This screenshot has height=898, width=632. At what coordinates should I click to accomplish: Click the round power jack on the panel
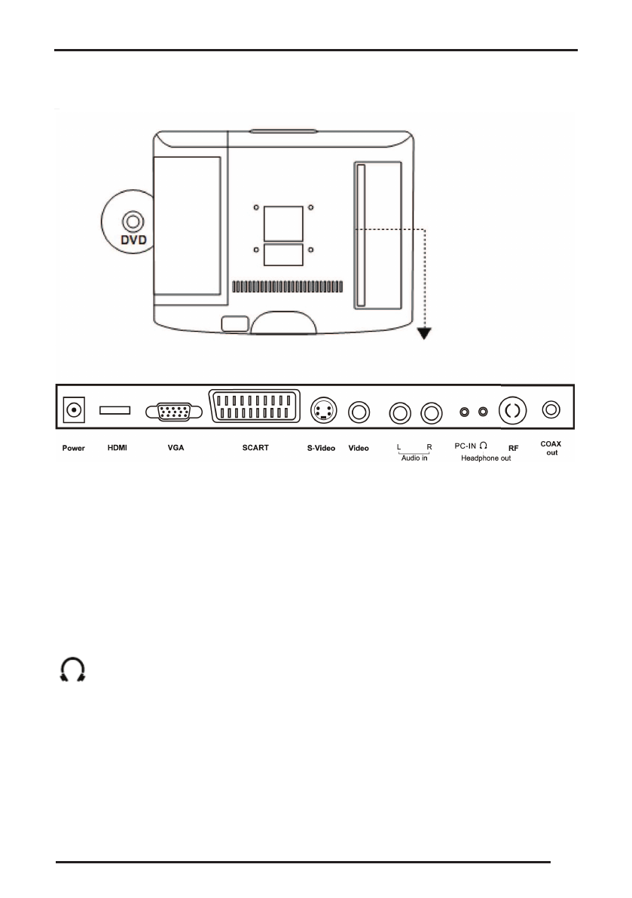[74, 411]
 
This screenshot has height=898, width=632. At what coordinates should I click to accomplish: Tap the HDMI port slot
[115, 410]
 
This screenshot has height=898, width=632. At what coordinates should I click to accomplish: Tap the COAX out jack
[552, 410]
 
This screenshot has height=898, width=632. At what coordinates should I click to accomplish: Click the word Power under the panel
[73, 448]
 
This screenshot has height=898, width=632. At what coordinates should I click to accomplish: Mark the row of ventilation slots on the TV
[287, 287]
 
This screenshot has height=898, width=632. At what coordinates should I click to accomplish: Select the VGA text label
[176, 448]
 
